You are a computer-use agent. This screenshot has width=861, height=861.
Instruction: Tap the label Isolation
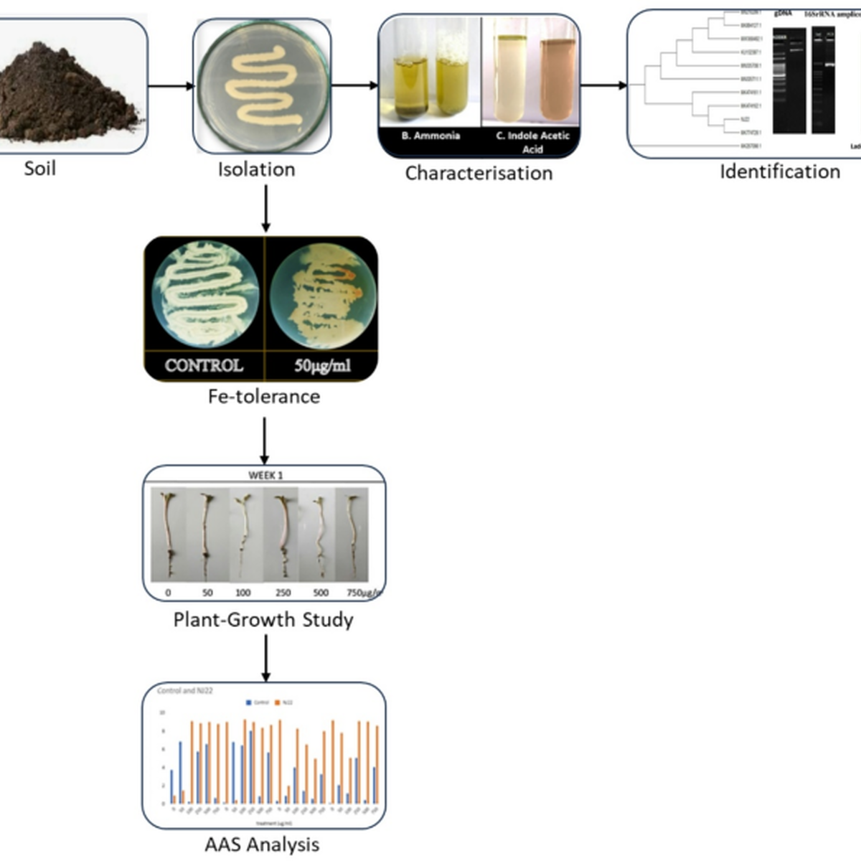tap(256, 169)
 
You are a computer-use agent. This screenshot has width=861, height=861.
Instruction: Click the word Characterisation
tap(479, 173)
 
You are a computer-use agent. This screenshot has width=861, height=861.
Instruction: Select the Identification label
tap(779, 171)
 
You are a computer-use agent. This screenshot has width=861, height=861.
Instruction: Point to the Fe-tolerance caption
tap(263, 396)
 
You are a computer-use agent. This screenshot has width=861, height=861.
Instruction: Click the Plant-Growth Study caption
tap(263, 619)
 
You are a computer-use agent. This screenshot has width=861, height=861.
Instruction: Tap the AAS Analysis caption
tap(262, 844)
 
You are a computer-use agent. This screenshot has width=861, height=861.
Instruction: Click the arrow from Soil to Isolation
tap(171, 87)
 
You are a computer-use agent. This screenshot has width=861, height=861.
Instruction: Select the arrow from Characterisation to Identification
tap(603, 86)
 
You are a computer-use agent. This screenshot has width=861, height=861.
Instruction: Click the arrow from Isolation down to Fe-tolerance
tap(265, 208)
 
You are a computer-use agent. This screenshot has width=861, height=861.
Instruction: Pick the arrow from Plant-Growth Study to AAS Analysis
tap(265, 657)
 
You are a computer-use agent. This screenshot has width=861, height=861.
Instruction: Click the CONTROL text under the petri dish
tap(204, 365)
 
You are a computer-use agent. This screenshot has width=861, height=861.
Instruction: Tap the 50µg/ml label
tap(322, 365)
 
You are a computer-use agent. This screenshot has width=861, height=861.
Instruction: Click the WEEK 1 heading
tap(265, 475)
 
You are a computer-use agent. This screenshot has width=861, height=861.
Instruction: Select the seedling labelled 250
tap(281, 535)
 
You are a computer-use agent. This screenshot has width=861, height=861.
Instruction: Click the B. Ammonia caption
tap(430, 136)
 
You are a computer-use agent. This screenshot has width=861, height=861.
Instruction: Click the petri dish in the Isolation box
tap(262, 86)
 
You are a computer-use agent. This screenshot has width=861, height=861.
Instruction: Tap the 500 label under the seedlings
tap(321, 593)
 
